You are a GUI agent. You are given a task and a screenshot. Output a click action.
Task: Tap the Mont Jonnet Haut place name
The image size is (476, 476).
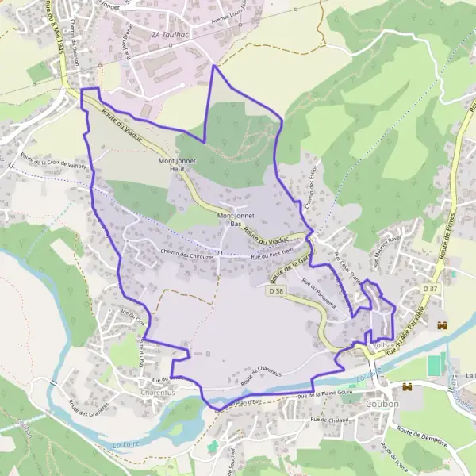[x=178, y=164]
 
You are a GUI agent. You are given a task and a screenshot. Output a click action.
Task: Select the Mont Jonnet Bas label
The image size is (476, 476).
[x=229, y=219]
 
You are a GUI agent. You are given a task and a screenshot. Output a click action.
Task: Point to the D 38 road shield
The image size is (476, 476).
[x=274, y=291]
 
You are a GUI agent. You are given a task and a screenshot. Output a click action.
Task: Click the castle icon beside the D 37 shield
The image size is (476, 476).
[x=443, y=324]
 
